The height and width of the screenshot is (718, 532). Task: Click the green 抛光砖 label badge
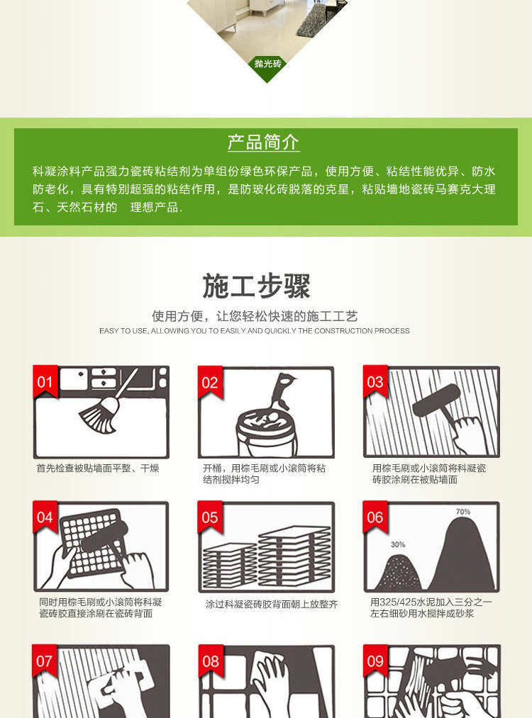click(267, 64)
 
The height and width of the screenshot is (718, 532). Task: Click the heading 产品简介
click(263, 142)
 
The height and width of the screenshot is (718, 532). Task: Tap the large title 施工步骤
click(257, 286)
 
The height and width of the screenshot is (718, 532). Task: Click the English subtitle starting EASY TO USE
click(254, 331)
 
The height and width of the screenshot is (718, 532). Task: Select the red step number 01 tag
click(45, 383)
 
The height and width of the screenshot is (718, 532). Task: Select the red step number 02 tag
click(210, 383)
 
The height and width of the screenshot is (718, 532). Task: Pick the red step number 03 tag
click(375, 383)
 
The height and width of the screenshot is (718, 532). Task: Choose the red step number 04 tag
click(45, 517)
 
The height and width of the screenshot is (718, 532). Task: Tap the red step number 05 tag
click(210, 517)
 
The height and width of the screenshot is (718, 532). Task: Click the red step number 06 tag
click(375, 517)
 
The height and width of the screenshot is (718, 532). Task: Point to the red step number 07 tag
click(45, 661)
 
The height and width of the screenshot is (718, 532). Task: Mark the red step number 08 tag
click(210, 661)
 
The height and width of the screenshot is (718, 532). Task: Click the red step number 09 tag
click(375, 661)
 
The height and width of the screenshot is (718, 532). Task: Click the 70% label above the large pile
click(462, 512)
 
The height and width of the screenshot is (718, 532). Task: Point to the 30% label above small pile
click(397, 544)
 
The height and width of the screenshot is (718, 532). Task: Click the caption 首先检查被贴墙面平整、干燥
click(98, 469)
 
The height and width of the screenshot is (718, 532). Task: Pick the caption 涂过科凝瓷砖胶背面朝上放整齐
click(272, 605)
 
